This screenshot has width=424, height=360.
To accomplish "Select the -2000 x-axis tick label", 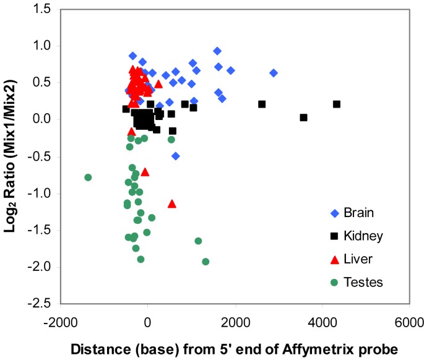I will [60, 322].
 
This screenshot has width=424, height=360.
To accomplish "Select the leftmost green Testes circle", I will [88, 178].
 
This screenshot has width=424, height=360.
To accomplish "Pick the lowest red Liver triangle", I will [172, 204].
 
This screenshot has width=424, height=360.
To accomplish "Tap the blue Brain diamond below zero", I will [176, 156].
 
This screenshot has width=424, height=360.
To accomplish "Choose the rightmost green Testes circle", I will [206, 262].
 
